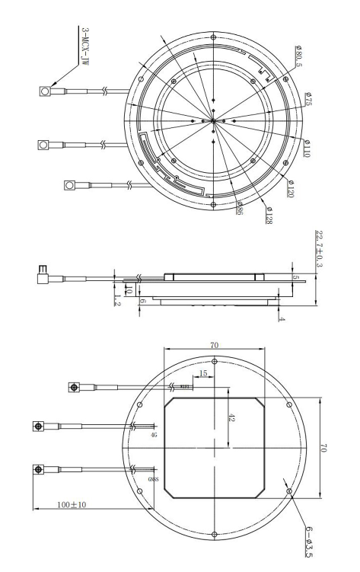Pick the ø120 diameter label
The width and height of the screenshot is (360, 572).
click(x=292, y=187)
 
